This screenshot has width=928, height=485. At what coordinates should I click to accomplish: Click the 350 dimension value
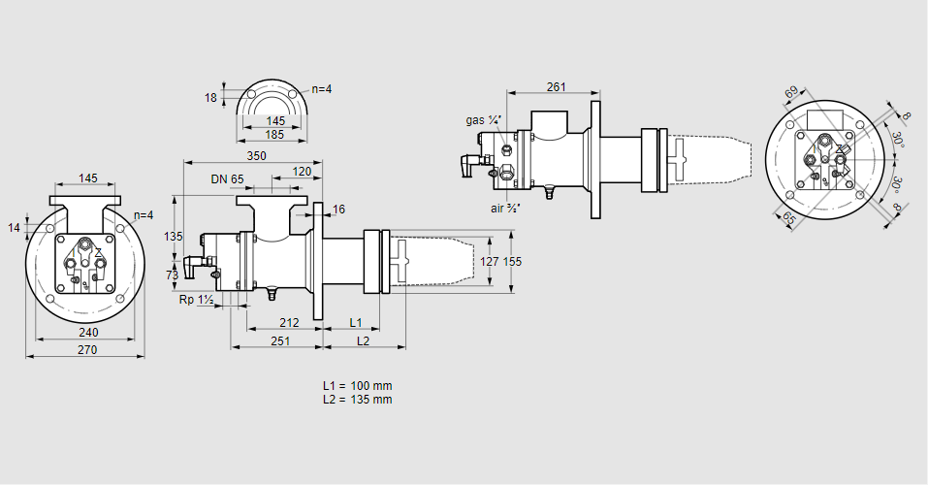click(x=256, y=155)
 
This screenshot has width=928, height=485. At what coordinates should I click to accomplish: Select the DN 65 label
click(x=227, y=178)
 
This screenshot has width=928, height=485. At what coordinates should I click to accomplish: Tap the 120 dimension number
click(x=302, y=171)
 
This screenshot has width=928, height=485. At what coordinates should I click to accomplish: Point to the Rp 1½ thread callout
click(x=196, y=300)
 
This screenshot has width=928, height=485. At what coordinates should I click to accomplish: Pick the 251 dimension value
click(x=280, y=340)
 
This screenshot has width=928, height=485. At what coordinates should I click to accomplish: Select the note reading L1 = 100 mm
click(x=357, y=386)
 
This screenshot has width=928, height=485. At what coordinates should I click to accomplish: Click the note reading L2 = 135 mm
click(x=357, y=399)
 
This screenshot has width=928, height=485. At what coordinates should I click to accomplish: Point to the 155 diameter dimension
click(x=512, y=261)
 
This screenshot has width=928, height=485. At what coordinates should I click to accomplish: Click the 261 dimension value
click(x=556, y=87)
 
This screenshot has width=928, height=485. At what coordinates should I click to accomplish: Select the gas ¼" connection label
click(x=483, y=120)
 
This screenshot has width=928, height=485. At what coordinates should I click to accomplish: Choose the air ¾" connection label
click(x=506, y=208)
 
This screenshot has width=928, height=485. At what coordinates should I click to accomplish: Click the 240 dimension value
click(x=88, y=333)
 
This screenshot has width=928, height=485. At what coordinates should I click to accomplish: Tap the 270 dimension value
click(x=87, y=350)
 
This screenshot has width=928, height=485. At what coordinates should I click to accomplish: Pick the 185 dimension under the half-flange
click(x=275, y=135)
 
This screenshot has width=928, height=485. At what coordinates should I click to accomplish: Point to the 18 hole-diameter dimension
click(x=210, y=97)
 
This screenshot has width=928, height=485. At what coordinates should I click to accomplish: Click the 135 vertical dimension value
click(x=174, y=237)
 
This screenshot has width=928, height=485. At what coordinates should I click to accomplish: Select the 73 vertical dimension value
click(x=173, y=275)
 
